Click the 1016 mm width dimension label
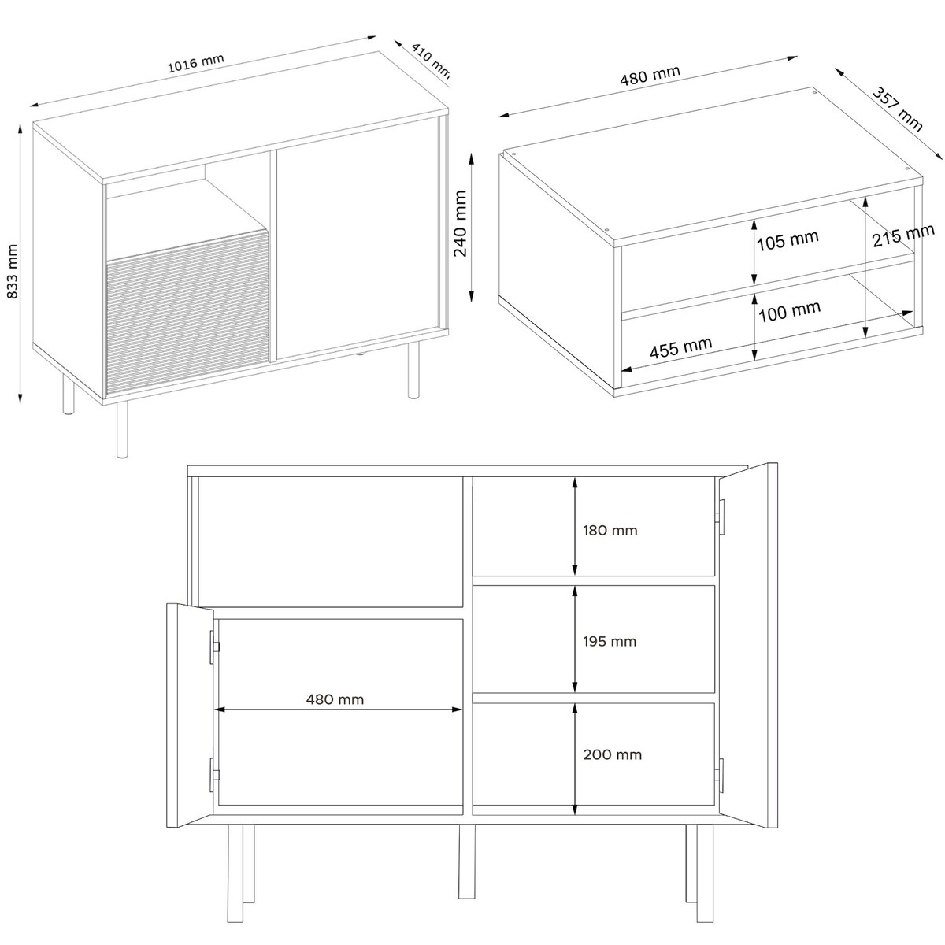[195, 63]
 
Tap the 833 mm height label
[13, 271]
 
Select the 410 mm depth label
[430, 61]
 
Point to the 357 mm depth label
[899, 109]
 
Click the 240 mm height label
[460, 224]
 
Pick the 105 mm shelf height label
[788, 240]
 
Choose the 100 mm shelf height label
[790, 311]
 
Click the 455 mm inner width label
[680, 348]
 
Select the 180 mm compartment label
[610, 530]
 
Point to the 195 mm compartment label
[610, 641]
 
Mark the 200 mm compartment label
[613, 754]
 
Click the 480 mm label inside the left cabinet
[335, 699]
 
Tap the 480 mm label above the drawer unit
[650, 76]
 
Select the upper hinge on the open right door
[721, 517]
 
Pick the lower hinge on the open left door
[214, 775]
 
